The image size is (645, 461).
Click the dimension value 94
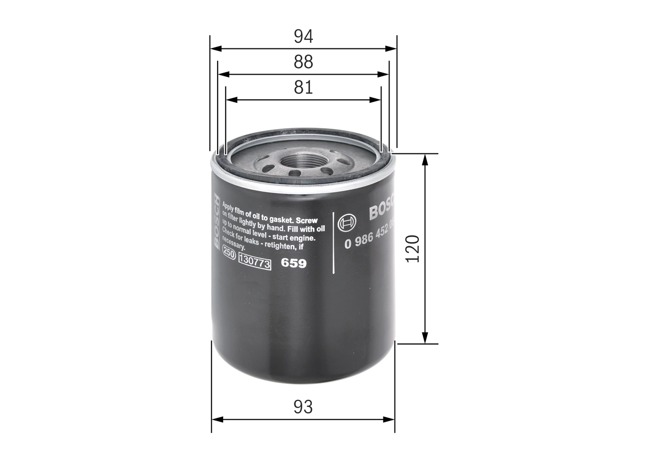coord(303,36)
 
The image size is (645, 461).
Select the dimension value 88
coord(303,62)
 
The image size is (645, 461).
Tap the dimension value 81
coord(303,87)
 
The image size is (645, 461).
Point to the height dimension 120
coord(413,248)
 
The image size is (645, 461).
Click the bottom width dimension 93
coord(303,407)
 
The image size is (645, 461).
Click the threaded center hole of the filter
coord(303,161)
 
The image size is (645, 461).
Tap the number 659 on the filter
coord(293,263)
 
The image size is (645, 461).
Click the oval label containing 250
coord(229,255)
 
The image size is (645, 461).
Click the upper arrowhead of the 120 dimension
coord(425,159)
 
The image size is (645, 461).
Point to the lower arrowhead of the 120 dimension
coord(425,338)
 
